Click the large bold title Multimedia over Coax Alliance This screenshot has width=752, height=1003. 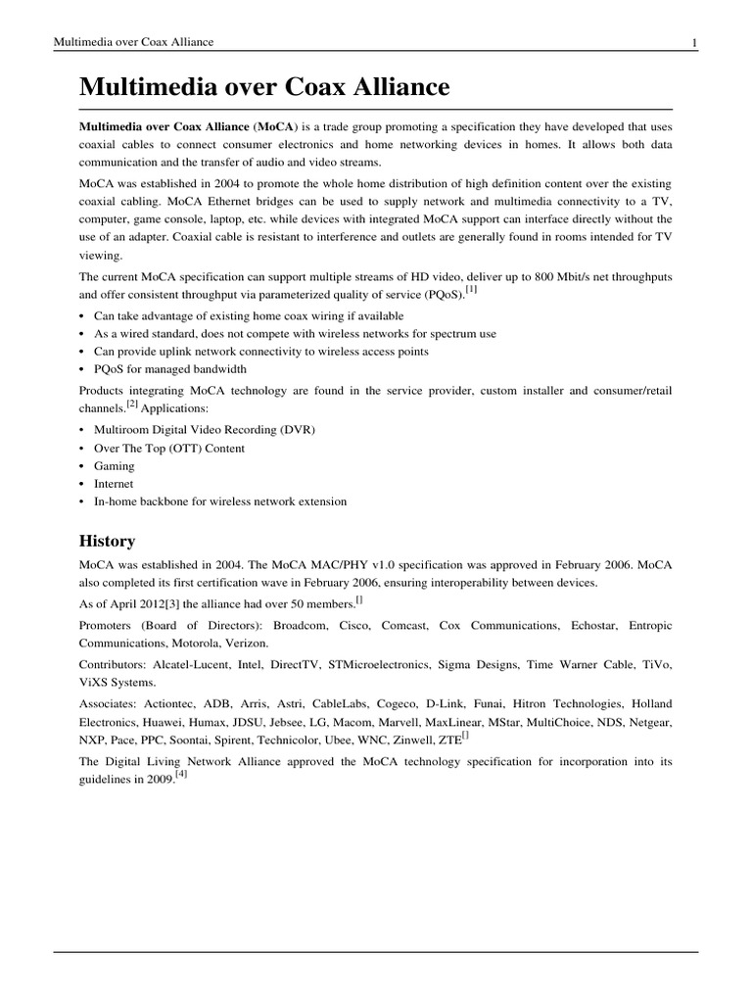(x=264, y=87)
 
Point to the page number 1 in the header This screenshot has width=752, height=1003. (x=694, y=42)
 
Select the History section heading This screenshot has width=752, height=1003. (x=107, y=541)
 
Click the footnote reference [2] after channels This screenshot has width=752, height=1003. (x=131, y=404)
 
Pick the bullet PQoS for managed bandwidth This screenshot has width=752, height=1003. (x=170, y=368)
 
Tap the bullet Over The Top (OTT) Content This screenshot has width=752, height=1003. (x=169, y=448)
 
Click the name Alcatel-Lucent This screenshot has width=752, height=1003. (x=196, y=663)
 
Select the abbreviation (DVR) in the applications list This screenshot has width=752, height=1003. (x=296, y=430)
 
